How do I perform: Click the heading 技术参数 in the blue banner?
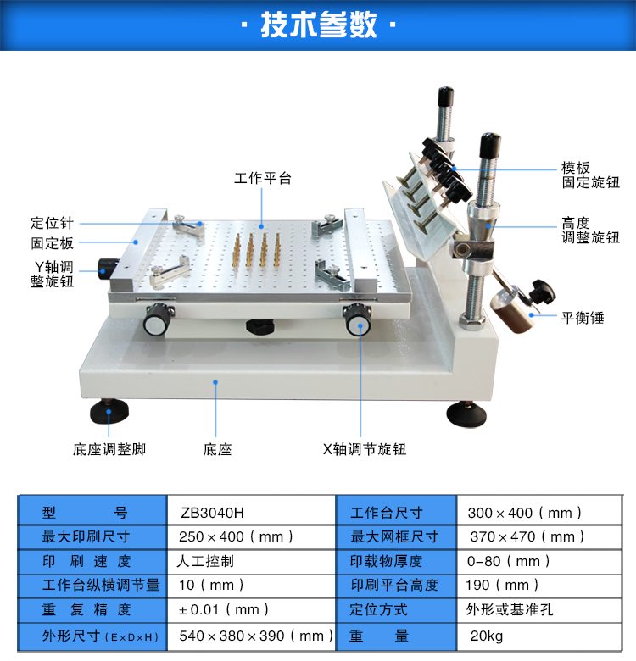(318, 25)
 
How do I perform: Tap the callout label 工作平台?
(263, 178)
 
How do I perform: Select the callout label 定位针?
(52, 223)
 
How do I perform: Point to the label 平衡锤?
(583, 318)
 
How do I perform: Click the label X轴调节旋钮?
(365, 449)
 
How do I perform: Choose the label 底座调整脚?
(109, 449)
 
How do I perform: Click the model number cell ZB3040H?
(213, 513)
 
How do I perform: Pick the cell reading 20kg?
(487, 636)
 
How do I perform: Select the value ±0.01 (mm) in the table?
(224, 609)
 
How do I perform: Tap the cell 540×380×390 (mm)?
(256, 636)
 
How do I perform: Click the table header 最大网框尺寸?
(395, 536)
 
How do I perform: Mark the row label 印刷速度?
(86, 561)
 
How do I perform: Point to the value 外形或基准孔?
(510, 609)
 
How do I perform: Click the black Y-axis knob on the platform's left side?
(107, 269)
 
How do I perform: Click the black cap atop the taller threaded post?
(445, 97)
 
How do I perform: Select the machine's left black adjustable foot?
(109, 411)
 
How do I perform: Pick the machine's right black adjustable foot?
(466, 414)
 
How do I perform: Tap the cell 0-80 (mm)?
(508, 561)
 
